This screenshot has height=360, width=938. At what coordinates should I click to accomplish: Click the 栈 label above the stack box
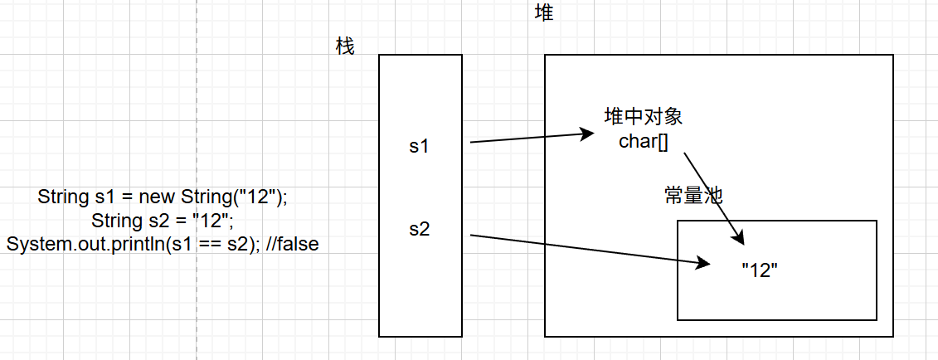345,46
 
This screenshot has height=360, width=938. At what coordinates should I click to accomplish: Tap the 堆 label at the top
544,12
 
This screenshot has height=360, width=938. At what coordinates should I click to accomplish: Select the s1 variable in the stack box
420,146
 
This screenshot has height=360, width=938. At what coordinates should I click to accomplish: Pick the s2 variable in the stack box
420,230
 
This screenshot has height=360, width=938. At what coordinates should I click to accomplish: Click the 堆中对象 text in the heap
644,116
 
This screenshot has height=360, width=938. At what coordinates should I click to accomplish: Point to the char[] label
644,139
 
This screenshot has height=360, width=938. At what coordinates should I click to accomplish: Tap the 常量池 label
694,196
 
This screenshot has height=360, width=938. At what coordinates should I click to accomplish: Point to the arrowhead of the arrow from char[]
741,240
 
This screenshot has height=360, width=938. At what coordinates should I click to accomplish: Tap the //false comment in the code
294,245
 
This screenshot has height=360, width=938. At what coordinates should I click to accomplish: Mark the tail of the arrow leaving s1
472,143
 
